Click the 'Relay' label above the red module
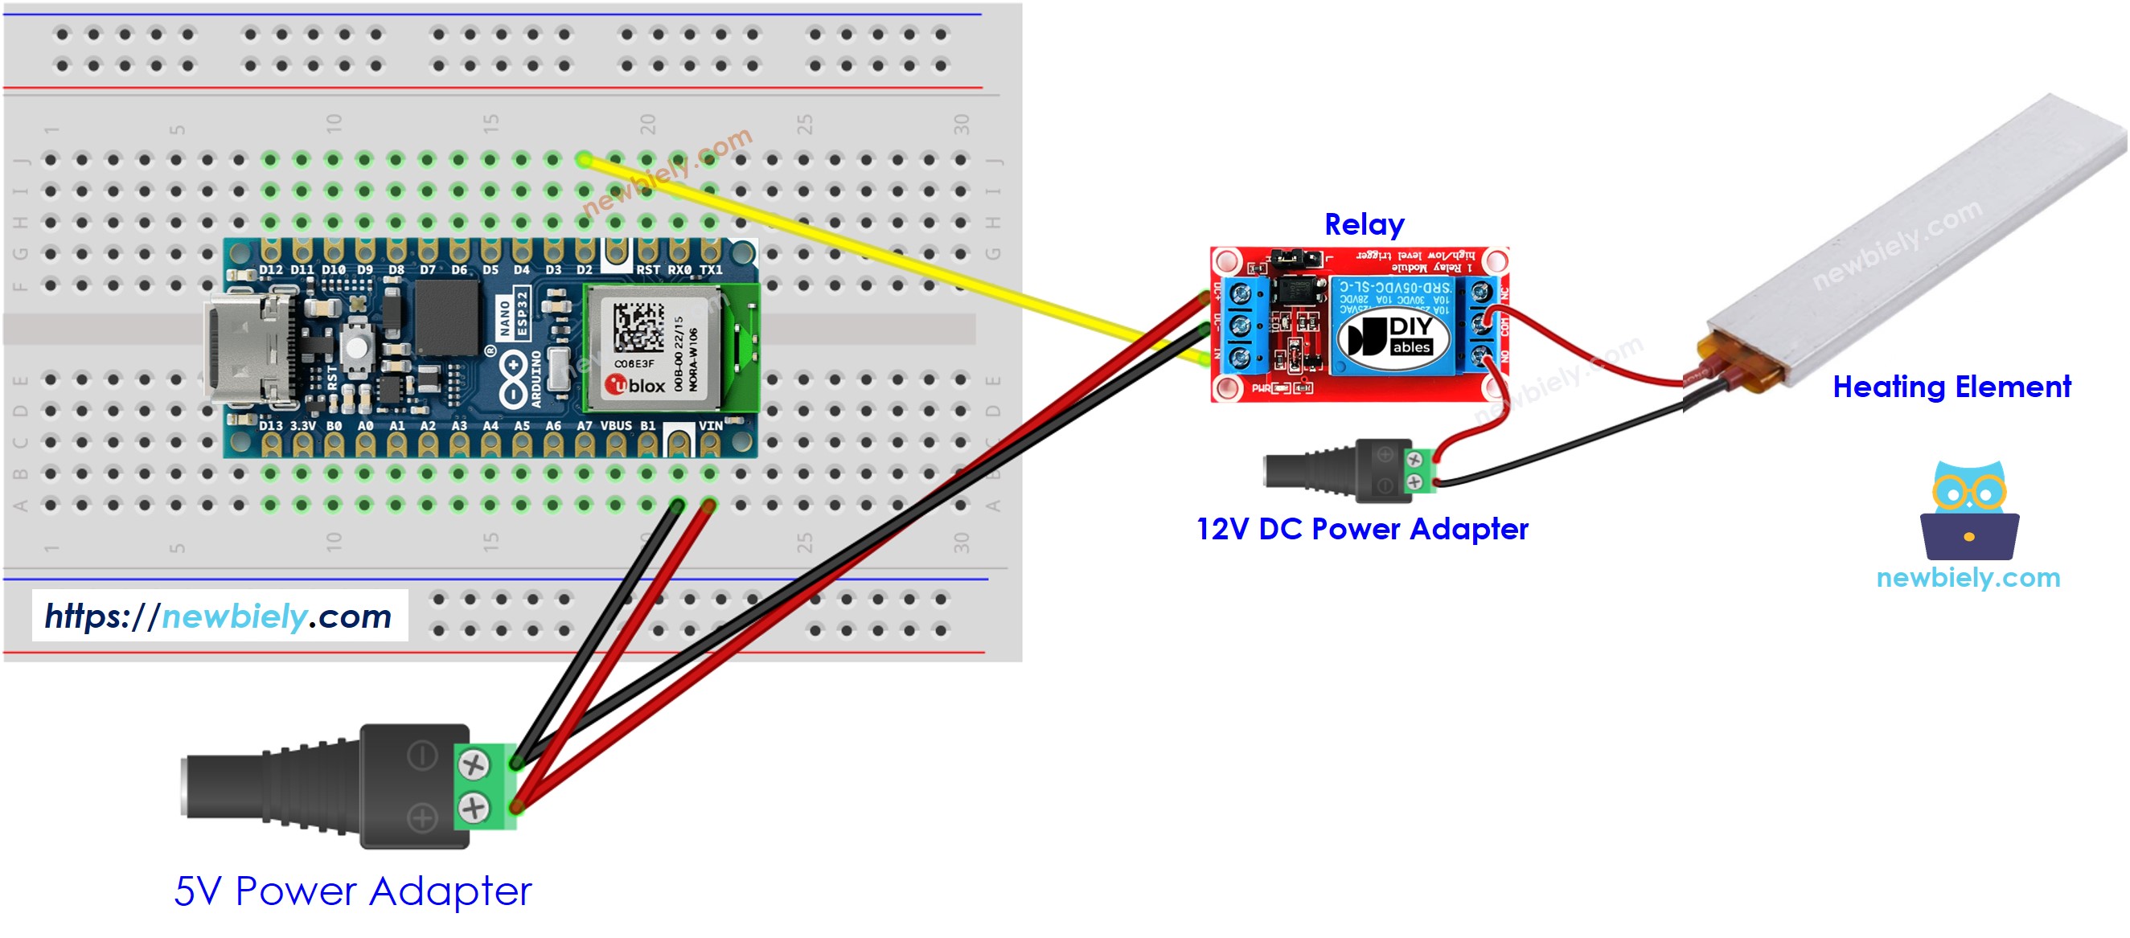click(x=1364, y=224)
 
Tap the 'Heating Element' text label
click(x=1951, y=387)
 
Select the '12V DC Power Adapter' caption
click(x=1362, y=529)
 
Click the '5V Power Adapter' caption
click(x=352, y=891)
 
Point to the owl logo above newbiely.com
click(x=1968, y=511)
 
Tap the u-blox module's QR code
click(x=638, y=326)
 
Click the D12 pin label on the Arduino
click(x=270, y=269)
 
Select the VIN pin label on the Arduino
click(x=710, y=426)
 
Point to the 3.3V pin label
click(x=302, y=427)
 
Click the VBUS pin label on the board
click(x=615, y=426)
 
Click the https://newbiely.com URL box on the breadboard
click(x=220, y=616)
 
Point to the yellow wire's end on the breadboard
click(x=584, y=159)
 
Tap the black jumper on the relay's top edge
click(x=1295, y=260)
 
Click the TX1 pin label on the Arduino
click(x=710, y=269)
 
